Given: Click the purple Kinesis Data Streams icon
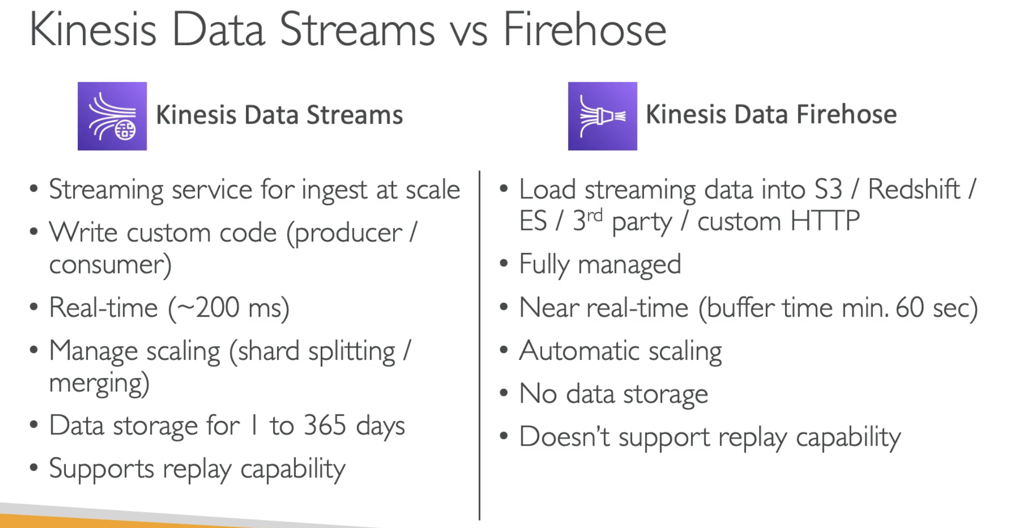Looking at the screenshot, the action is [112, 116].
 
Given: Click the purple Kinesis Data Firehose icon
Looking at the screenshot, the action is [602, 116].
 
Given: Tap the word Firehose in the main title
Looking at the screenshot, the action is [585, 30].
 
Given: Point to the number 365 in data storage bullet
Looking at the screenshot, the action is [325, 426].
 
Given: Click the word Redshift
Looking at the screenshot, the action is [914, 190].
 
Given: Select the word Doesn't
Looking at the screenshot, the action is [565, 437].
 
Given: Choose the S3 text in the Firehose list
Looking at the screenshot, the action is [828, 190].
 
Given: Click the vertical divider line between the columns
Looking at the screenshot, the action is [480, 345].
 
